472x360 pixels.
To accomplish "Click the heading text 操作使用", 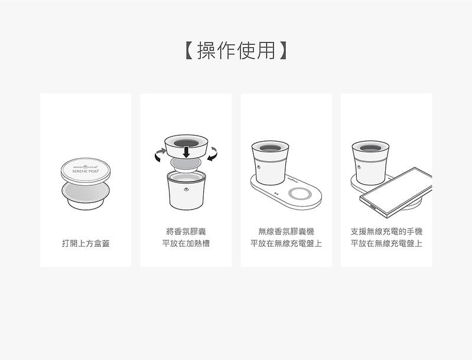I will pos(236,51).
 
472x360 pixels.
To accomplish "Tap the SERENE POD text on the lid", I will pos(86,174).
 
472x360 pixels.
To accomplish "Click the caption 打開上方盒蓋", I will pos(86,243).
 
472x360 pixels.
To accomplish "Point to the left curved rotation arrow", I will pos(159,155).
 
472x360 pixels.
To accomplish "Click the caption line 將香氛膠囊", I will pos(186,231).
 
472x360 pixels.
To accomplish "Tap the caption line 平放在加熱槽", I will pos(186,243).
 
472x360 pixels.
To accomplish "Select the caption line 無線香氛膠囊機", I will pos(286,231).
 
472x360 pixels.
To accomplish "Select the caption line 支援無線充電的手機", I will pos(386,231).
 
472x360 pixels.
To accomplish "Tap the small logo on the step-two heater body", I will pos(186,189).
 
